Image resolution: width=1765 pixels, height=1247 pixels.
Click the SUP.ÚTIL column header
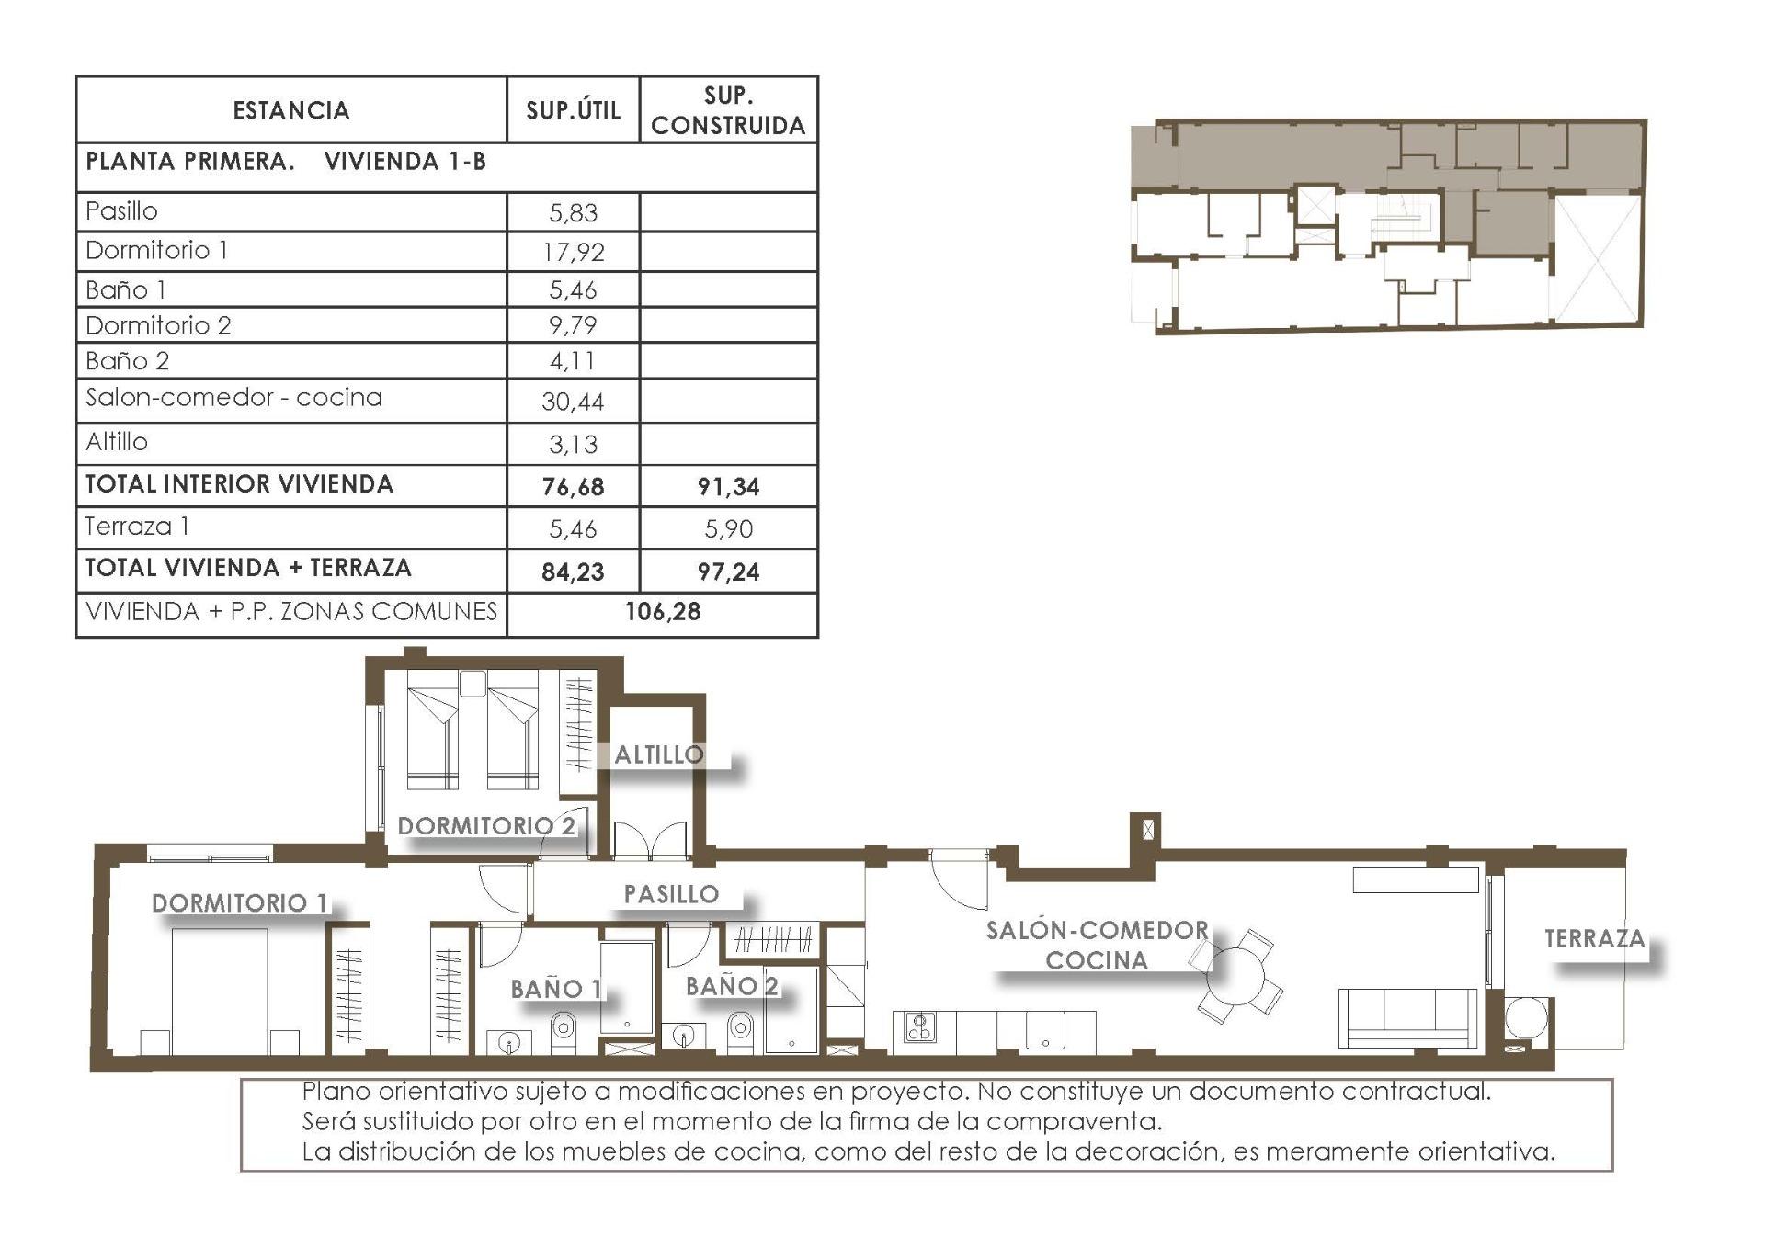tap(573, 110)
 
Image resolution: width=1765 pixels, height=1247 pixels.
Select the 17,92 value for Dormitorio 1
tap(573, 252)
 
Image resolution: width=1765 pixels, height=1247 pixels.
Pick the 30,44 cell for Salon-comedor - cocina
tap(573, 402)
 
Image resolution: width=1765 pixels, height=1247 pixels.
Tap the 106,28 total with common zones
tap(663, 612)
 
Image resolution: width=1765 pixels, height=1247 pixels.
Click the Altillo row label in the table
tap(117, 442)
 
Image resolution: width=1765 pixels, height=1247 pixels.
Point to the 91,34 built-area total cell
tap(728, 487)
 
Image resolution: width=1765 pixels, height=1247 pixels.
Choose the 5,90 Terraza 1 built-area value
tap(728, 529)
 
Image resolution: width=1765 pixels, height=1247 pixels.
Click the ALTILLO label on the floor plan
tap(658, 755)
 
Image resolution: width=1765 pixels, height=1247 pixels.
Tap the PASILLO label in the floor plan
tap(671, 894)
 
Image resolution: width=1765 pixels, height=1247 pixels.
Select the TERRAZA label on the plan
tap(1594, 939)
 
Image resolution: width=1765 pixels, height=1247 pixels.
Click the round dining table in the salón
tap(1237, 976)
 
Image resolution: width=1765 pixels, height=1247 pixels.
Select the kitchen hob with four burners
tap(919, 1026)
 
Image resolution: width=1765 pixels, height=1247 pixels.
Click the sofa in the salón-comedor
tap(1406, 1017)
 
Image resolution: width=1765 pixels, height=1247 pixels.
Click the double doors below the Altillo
tap(650, 840)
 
